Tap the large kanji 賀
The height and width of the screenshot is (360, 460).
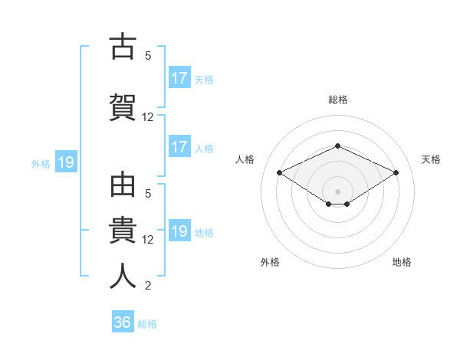click(123, 107)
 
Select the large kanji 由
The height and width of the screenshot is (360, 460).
click(123, 185)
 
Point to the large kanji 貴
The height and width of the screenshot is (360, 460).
click(123, 230)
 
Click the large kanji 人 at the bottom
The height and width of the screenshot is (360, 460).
click(123, 276)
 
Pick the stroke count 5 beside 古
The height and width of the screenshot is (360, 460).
click(148, 56)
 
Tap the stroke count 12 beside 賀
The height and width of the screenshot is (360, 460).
click(147, 117)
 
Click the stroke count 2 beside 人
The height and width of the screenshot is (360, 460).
click(148, 285)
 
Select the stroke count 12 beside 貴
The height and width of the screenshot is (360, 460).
click(147, 240)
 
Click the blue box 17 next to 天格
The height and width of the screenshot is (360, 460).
click(180, 77)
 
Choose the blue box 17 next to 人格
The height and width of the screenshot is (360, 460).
click(180, 146)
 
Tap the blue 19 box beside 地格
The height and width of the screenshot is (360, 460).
click(180, 230)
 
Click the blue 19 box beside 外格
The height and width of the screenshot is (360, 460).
click(66, 162)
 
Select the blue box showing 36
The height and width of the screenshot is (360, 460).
click(123, 321)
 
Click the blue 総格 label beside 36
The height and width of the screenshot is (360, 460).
click(147, 324)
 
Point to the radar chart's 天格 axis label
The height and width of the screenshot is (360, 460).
click(431, 159)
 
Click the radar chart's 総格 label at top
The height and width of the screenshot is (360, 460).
click(338, 100)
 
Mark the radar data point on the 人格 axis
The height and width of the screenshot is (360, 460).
click(280, 172)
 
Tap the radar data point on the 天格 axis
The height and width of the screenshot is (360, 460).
click(396, 172)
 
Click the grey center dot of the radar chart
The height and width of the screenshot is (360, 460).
click(337, 191)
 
